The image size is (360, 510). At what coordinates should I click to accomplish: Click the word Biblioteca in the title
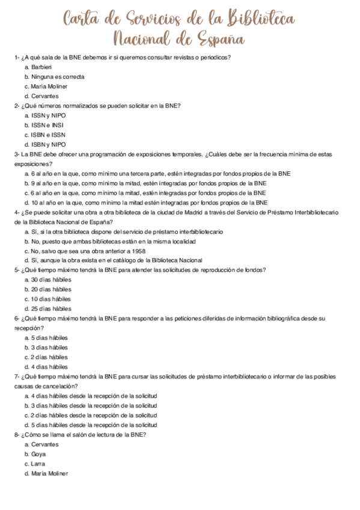click(260, 20)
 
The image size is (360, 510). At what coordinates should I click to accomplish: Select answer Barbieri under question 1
click(43, 67)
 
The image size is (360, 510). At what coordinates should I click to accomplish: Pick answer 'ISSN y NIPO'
click(49, 115)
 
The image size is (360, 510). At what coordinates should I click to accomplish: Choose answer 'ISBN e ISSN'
click(49, 135)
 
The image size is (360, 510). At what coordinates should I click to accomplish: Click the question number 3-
click(17, 154)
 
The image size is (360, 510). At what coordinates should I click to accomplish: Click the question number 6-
click(17, 318)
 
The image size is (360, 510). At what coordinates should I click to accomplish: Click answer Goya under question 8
click(38, 453)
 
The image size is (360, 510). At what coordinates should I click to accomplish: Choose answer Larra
click(38, 464)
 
